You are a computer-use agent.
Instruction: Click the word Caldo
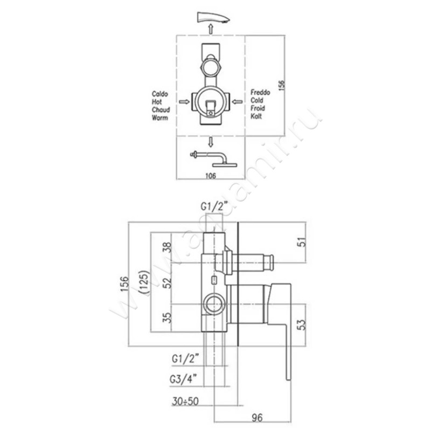pyautogui.click(x=160, y=94)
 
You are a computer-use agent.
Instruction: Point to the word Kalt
pyautogui.click(x=256, y=116)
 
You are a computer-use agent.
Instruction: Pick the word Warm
pyautogui.click(x=160, y=116)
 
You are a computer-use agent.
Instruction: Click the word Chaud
pyautogui.click(x=161, y=109)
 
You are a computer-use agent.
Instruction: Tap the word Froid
pyautogui.click(x=258, y=109)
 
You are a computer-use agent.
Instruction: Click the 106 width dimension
pyautogui.click(x=211, y=175)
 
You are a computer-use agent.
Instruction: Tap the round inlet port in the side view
pyautogui.click(x=214, y=305)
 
